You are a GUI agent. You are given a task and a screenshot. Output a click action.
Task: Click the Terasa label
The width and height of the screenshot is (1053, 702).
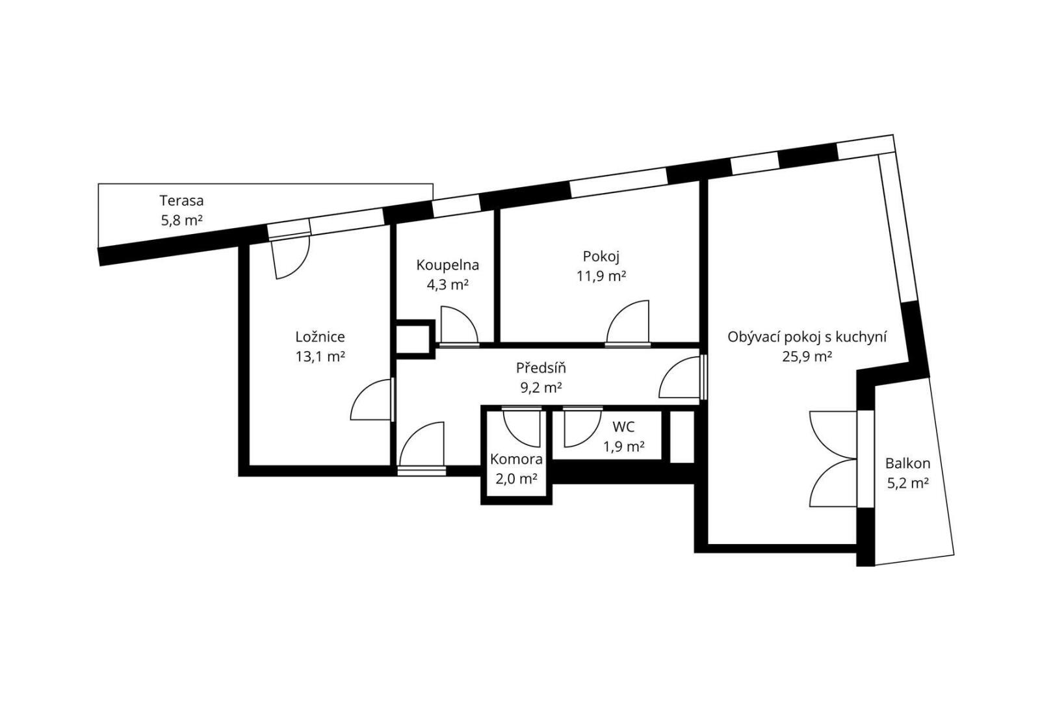181,201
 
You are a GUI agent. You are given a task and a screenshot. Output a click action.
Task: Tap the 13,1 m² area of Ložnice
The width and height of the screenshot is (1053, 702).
320,357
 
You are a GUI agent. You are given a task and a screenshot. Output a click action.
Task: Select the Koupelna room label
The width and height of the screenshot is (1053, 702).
447,265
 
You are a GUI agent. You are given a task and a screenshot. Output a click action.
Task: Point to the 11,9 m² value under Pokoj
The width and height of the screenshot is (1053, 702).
601,276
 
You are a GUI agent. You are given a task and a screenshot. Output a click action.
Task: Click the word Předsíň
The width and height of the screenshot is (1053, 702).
541,368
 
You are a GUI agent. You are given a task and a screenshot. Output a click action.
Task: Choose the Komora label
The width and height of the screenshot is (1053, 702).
516,459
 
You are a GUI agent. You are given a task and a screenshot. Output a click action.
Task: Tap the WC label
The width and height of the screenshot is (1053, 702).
624,427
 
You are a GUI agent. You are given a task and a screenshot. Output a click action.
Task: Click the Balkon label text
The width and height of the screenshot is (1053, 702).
908,463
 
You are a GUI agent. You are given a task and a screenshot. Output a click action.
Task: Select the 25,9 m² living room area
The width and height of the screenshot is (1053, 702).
807,357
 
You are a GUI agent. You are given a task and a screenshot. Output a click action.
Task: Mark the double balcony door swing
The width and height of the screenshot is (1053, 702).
833,459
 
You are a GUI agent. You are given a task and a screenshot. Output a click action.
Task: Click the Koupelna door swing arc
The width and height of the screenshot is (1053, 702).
460,324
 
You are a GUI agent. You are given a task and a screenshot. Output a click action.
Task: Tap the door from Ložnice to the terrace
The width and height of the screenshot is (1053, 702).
292,257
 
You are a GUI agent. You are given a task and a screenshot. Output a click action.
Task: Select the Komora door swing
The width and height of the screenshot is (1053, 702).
522,428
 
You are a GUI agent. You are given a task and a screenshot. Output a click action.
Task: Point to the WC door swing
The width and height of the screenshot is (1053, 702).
583,428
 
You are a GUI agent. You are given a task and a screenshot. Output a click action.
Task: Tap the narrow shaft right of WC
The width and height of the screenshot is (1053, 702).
682,436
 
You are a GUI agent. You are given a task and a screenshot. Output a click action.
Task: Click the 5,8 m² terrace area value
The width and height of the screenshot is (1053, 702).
182,220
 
